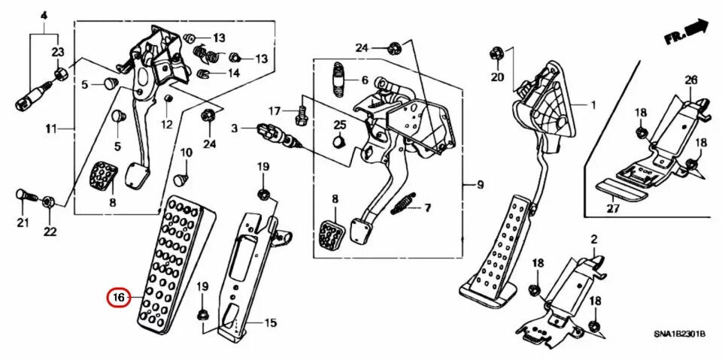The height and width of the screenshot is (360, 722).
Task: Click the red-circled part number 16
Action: pos(118,298)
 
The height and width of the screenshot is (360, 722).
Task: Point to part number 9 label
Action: pos(480,185)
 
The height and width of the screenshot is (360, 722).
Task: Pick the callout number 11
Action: pos(50,129)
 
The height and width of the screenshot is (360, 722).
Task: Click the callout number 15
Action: pos(270,323)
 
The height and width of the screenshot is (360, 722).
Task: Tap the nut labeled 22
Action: pos(47,201)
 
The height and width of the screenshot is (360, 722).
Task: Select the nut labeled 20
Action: pos(496,54)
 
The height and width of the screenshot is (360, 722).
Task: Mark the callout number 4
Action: pos(43,16)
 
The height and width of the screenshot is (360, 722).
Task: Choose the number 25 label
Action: pos(340,124)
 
